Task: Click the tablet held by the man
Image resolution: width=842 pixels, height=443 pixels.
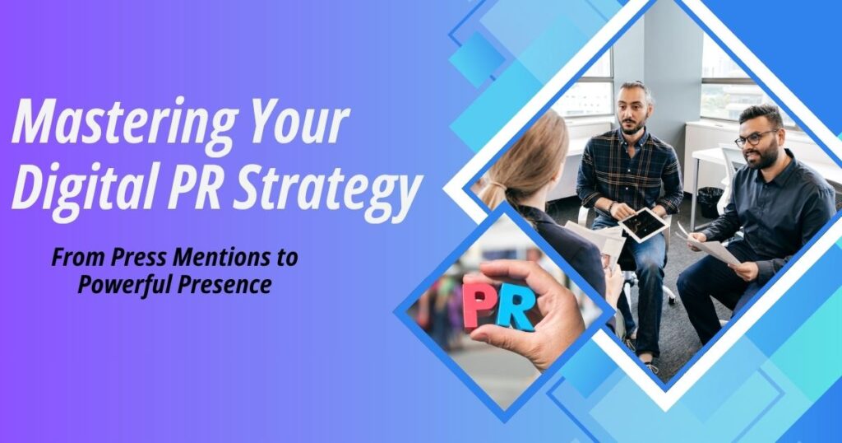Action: coord(643,224)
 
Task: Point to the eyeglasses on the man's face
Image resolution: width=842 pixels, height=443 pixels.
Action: coord(755,138)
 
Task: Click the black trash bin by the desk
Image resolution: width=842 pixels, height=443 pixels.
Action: coord(711,202)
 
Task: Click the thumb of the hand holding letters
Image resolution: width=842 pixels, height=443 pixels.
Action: coord(497,278)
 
